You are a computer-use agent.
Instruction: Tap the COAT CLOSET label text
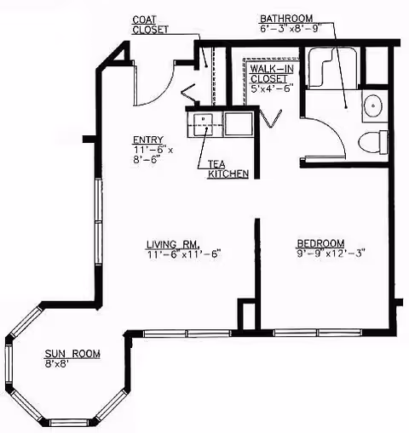coord(150,24)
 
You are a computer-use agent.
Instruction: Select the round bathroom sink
coord(373,106)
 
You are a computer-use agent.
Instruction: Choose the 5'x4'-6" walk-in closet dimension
coord(272,88)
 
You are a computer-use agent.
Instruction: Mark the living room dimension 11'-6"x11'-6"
coord(182,254)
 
